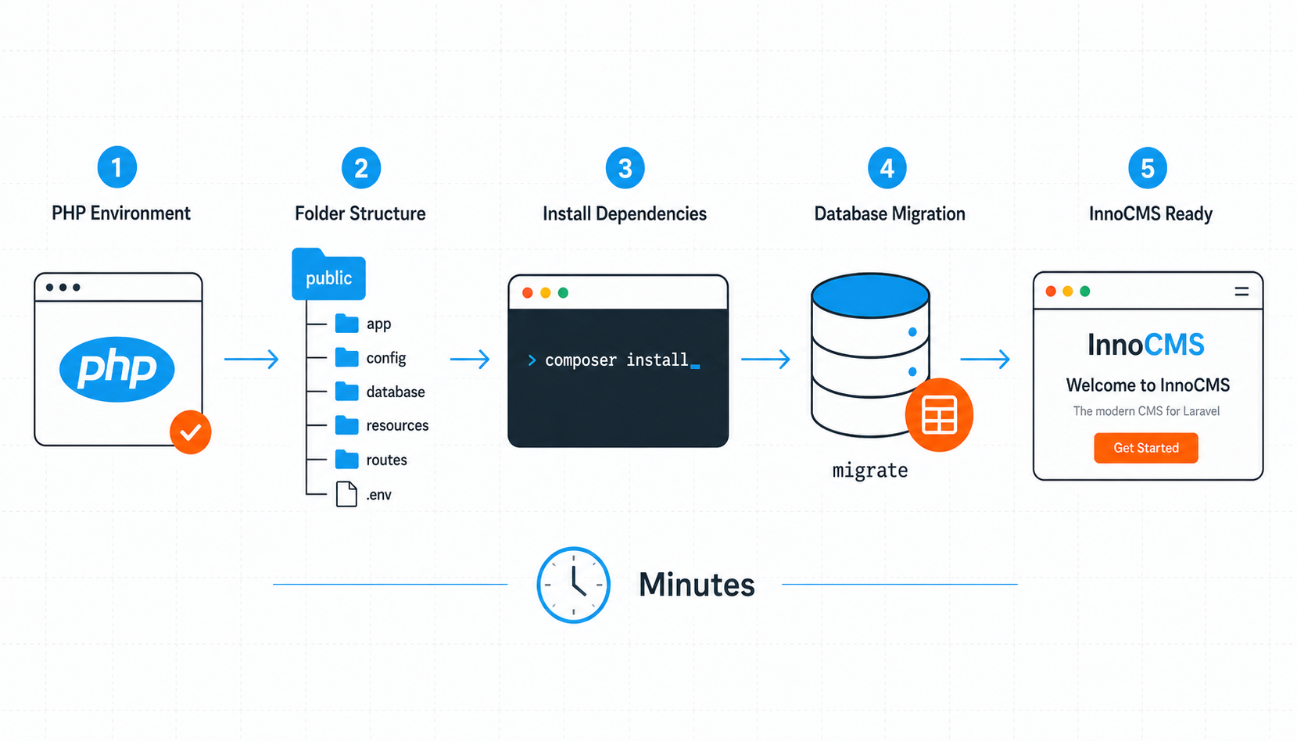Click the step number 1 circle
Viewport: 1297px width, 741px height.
coord(117,167)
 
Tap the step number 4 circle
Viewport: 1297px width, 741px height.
coord(887,168)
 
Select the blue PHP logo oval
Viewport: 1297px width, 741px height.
coord(117,369)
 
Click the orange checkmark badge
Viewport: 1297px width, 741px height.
coord(191,432)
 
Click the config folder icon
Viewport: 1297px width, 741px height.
coord(346,357)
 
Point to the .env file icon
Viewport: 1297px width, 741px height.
coord(346,494)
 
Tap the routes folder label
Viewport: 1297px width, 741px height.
coord(387,460)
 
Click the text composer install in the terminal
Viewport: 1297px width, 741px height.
coord(617,360)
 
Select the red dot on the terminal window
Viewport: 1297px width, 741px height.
coord(528,293)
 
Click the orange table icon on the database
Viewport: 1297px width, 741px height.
coord(939,414)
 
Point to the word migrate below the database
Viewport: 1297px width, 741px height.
coord(869,470)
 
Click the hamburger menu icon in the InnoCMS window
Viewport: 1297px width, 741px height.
coord(1241,292)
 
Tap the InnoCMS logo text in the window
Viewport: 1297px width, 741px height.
coord(1146,345)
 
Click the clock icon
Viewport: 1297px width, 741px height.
coord(573,585)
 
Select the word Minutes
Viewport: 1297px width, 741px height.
coord(697,584)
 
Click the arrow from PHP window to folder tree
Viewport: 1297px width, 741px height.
coord(251,359)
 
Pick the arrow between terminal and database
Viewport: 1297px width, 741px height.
coord(765,359)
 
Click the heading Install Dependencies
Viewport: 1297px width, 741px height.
coord(624,213)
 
